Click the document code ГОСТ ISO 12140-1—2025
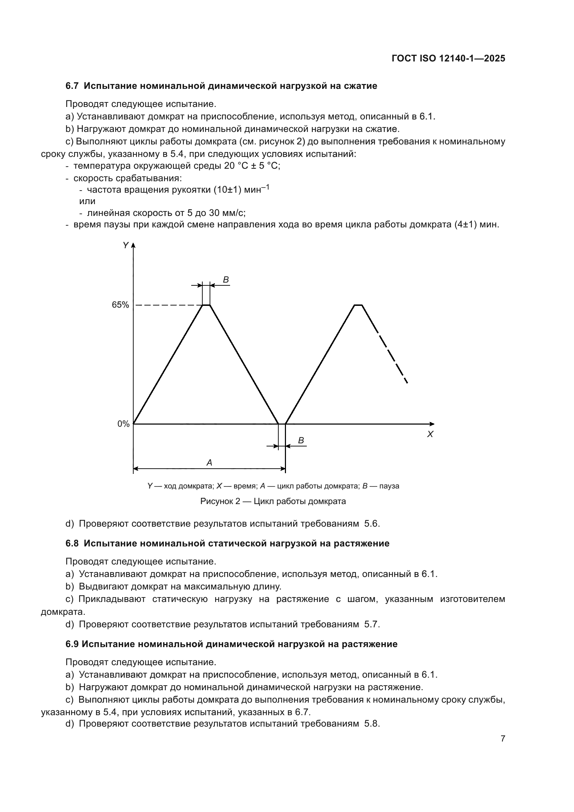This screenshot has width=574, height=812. tap(448, 58)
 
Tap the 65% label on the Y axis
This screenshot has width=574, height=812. tap(120, 305)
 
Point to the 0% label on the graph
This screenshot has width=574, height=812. tap(123, 424)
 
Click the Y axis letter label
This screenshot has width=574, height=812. tap(125, 245)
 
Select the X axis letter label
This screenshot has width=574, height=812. tap(430, 434)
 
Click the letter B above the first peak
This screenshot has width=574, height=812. tap(226, 280)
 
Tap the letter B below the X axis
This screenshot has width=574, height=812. tap(301, 441)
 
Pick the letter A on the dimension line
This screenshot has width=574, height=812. tap(209, 462)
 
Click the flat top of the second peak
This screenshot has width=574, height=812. tap(358, 304)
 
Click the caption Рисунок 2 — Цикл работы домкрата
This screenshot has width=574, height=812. tap(273, 501)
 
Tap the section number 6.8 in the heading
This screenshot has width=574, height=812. tap(72, 544)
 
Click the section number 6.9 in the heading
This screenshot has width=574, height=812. tap(72, 644)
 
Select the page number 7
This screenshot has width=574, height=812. tap(503, 738)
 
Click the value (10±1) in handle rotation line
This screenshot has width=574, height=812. tap(227, 190)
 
